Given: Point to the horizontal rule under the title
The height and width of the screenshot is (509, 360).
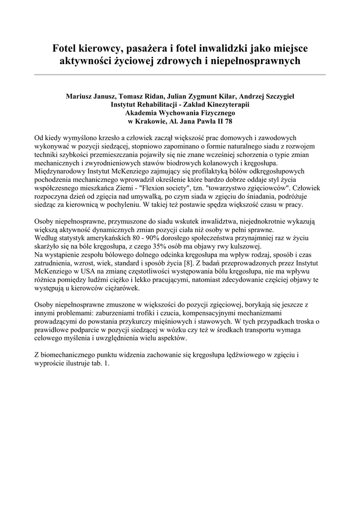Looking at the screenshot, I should click(180, 75).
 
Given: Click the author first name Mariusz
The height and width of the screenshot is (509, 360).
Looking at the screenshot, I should click(81, 96).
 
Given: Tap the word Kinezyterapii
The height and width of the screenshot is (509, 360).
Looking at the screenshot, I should click(225, 105).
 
